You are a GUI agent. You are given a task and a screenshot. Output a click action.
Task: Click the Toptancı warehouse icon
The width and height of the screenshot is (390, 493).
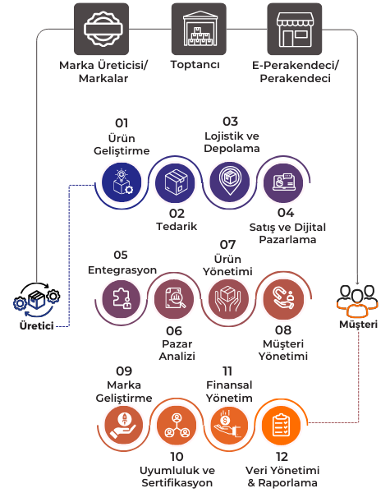(199, 29)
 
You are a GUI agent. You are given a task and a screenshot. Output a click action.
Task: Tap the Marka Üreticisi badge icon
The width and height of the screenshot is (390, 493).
(101, 29)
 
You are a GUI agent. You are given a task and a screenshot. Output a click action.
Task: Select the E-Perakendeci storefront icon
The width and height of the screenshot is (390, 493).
(295, 29)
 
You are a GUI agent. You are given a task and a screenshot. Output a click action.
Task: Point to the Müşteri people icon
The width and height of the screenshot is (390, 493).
(357, 302)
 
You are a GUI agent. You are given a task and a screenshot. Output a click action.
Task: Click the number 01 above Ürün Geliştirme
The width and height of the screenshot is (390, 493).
(122, 123)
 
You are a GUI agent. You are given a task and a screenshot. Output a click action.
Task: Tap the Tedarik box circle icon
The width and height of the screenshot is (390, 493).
(176, 182)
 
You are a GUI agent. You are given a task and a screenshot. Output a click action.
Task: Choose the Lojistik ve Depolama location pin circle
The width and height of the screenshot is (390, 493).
(230, 182)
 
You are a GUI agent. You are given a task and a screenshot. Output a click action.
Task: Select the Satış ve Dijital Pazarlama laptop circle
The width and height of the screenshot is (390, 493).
(283, 182)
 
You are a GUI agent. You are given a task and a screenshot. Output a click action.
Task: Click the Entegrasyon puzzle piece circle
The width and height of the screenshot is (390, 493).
(122, 299)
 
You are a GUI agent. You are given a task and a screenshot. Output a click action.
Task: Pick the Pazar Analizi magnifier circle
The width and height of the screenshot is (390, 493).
(174, 299)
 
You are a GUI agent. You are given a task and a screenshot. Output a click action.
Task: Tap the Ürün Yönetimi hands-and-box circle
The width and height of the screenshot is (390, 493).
(228, 299)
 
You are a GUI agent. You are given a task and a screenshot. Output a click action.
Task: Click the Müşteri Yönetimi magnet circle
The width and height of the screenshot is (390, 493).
(284, 299)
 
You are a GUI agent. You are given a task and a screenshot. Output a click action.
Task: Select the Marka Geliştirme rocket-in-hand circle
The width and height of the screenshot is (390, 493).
(123, 426)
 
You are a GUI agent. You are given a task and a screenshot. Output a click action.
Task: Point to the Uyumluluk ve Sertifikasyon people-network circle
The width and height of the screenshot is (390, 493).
(177, 426)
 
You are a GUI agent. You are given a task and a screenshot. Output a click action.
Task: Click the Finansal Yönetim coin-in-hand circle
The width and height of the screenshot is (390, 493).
(229, 426)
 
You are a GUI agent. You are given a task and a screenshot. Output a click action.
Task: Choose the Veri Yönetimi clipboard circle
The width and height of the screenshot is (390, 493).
(282, 426)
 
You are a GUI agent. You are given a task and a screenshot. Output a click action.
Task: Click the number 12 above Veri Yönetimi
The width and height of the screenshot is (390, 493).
(282, 457)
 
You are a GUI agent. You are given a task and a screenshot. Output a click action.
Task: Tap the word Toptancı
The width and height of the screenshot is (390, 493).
(195, 65)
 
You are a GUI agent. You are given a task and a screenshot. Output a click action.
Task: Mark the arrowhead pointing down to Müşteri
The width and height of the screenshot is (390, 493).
(357, 282)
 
